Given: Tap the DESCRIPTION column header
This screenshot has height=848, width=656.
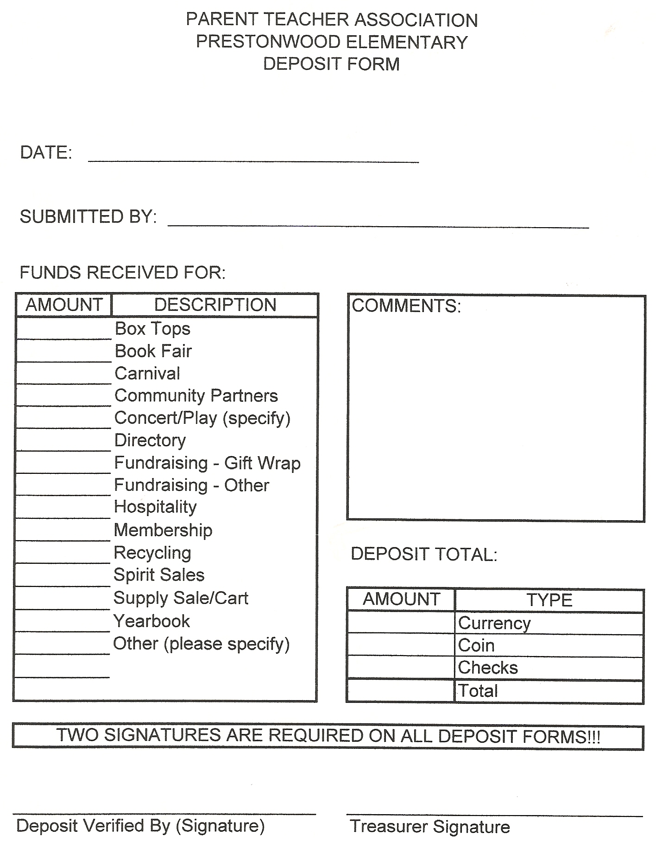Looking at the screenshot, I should pos(215,305).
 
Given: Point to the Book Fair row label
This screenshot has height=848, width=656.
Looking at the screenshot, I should pos(153,351).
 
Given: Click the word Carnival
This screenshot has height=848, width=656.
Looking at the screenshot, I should pos(147,374).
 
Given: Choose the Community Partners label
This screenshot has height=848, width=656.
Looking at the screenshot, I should pos(196,396).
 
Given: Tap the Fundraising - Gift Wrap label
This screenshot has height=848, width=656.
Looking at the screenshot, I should pos(207,463).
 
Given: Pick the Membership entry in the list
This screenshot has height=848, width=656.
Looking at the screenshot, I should pos(163,530).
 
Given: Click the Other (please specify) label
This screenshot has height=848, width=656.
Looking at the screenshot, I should pos(201,644).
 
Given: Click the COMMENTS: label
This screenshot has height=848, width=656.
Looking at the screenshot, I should pos(406,306).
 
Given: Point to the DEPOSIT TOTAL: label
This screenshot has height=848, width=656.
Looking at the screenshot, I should pos(424,555).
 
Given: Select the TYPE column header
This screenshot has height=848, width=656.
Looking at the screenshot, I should pos(549,600).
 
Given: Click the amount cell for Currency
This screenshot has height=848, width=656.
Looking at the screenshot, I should pos(401,623).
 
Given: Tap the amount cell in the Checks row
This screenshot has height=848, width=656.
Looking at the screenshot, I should pos(401,668).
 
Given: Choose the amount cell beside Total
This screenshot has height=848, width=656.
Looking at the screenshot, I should pos(401,691).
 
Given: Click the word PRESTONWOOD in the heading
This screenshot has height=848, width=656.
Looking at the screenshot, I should pos(268,42).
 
